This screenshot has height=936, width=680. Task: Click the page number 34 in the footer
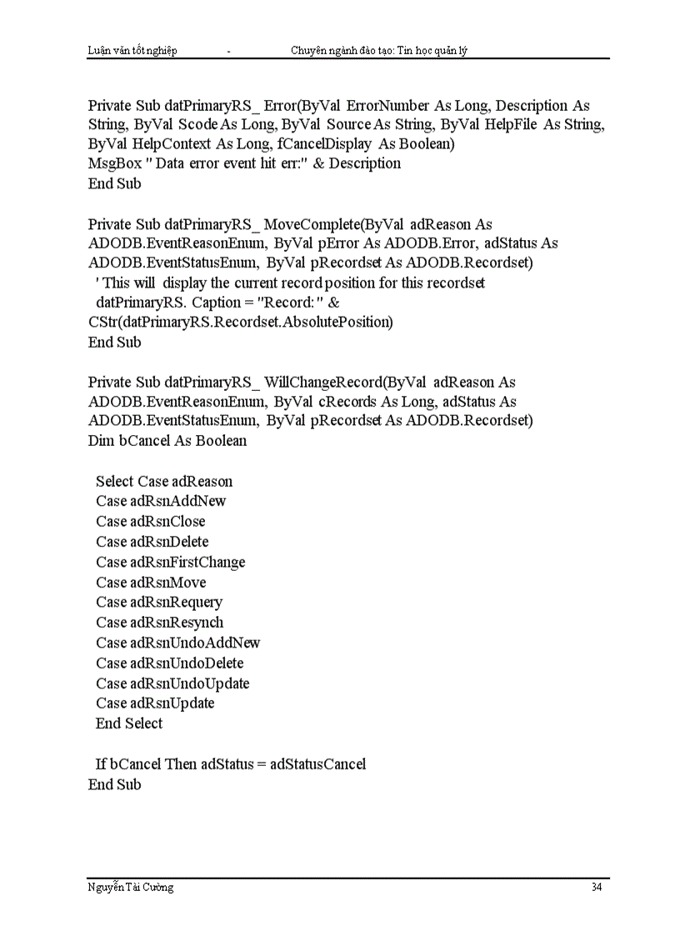tap(596, 887)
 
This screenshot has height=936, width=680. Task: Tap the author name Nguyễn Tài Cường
tap(131, 887)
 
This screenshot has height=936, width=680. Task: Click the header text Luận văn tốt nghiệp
tap(132, 51)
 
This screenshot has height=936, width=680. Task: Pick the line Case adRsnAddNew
tap(161, 501)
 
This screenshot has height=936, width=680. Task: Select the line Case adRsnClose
tap(150, 521)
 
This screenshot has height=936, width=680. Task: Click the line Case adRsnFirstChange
tap(170, 562)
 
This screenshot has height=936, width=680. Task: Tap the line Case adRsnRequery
tap(159, 602)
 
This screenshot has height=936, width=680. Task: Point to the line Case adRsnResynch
tap(159, 622)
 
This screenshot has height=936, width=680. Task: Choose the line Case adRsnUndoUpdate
tap(172, 683)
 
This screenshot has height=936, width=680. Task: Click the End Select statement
tap(129, 723)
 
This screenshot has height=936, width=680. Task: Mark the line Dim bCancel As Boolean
tap(167, 440)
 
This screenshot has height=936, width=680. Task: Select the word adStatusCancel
tap(317, 763)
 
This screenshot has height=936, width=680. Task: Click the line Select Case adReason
tap(164, 481)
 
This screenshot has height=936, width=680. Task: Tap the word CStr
tap(102, 322)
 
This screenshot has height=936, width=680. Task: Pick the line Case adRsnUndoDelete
tap(169, 663)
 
